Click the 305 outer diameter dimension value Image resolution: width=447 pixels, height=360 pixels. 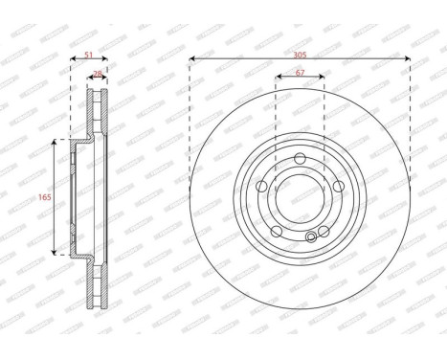coord(300,51)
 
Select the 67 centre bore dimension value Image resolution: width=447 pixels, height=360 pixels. coord(300,72)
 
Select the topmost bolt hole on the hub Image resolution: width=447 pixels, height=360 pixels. coord(300,158)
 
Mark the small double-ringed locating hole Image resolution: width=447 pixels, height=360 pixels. coord(308,239)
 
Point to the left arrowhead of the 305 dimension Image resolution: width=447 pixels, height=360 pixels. coord(192,59)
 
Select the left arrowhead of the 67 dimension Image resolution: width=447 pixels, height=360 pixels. coord(278,79)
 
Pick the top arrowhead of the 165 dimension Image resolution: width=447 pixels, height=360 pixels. coord(53,141)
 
